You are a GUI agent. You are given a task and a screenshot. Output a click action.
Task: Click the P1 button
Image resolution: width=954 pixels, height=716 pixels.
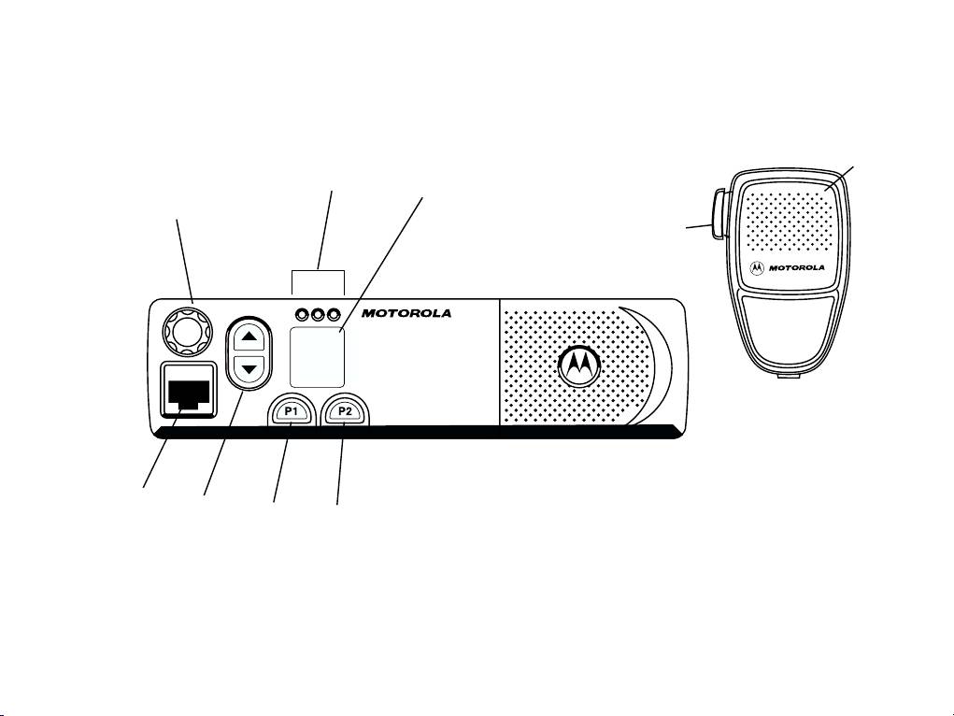(x=291, y=411)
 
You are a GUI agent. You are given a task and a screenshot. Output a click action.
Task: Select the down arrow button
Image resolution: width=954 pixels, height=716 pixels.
(x=249, y=368)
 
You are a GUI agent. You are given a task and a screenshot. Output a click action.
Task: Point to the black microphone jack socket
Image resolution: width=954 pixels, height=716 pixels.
(x=188, y=393)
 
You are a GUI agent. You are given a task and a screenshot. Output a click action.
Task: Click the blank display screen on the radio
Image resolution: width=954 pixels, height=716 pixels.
(x=317, y=357)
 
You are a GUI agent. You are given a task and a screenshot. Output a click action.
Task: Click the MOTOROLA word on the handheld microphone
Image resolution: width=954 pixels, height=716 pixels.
(x=796, y=268)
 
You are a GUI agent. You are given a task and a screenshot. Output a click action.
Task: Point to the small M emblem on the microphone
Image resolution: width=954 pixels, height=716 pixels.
(x=756, y=268)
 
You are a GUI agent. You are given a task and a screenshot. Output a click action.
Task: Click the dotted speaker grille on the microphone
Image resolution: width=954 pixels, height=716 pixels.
(x=786, y=224)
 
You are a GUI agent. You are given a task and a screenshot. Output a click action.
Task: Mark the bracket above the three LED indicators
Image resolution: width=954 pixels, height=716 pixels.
(x=319, y=272)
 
